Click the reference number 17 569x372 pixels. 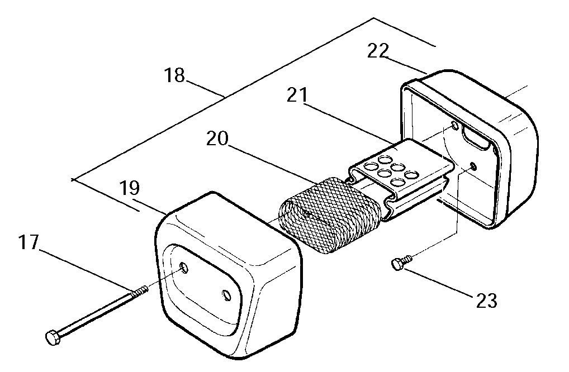pos(29,242)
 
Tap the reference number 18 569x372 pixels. pos(174,75)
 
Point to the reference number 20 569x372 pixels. pos(217,138)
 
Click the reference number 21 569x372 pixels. pos(297,95)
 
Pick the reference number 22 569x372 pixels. pos(378,51)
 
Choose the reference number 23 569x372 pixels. pos(486,300)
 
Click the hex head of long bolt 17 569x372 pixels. pos(53,337)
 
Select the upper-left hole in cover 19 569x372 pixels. pos(184,268)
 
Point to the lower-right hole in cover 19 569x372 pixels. pos(226,295)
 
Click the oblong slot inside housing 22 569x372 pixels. pos(476,140)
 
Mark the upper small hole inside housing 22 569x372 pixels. pos(454,126)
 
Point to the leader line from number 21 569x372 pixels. pos(348,123)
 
